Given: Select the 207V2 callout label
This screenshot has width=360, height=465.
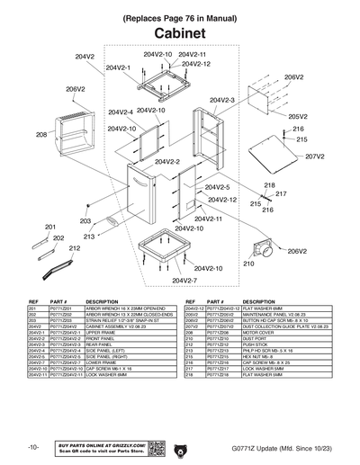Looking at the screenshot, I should (x=314, y=156).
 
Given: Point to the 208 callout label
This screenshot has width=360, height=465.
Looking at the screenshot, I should (x=41, y=134).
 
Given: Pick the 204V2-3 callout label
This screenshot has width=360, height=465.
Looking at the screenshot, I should (x=221, y=100).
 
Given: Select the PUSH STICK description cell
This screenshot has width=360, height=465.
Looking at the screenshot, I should (x=256, y=344).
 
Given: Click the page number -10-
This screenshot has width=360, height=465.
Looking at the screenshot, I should (x=33, y=448).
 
